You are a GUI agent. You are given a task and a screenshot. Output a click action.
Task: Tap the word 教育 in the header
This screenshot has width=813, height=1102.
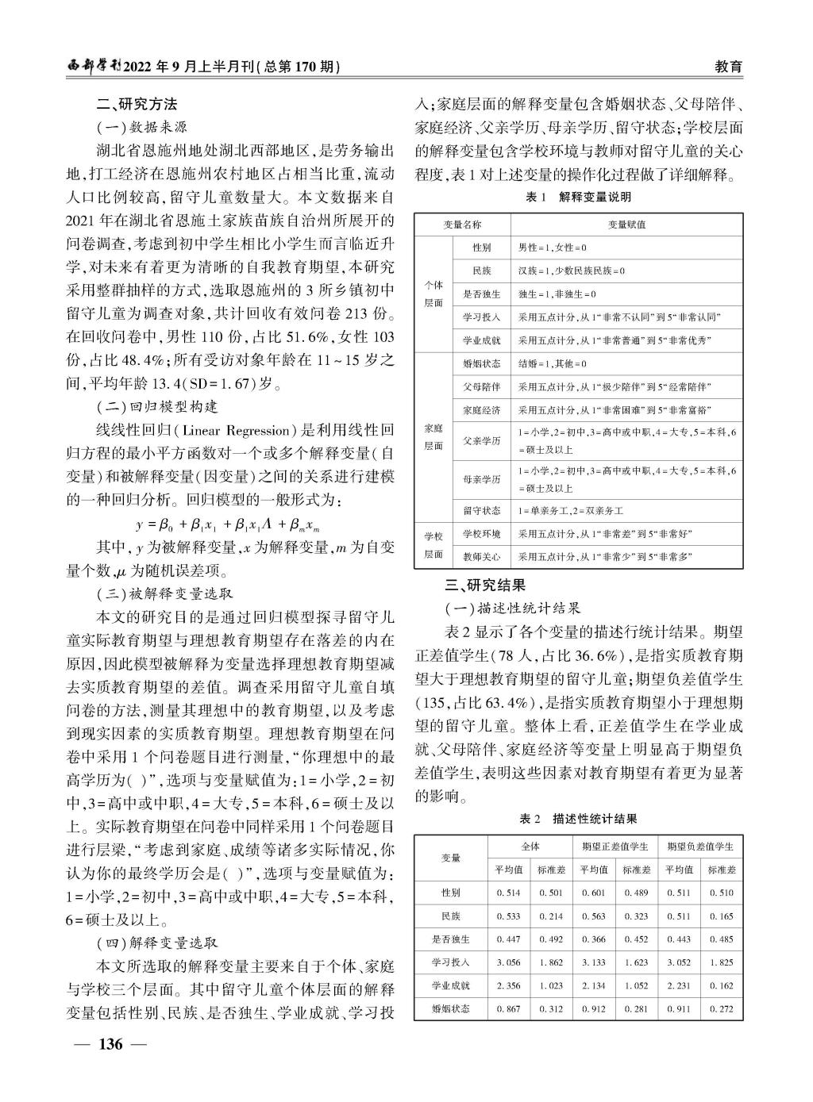click(728, 67)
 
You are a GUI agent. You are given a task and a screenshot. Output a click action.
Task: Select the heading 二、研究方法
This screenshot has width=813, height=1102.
click(137, 104)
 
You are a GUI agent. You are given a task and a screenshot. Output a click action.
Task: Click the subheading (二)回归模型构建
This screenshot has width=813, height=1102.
click(156, 406)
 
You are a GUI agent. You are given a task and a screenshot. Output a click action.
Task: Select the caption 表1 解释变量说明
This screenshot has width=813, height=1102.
click(578, 197)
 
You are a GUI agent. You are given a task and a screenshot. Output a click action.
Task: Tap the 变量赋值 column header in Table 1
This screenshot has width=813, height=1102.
click(626, 225)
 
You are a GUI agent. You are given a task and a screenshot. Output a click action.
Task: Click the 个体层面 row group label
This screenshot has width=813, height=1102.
click(433, 294)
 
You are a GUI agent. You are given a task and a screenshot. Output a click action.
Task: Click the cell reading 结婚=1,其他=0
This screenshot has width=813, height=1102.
click(552, 363)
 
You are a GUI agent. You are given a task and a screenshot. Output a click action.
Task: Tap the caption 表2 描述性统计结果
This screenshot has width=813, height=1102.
click(578, 818)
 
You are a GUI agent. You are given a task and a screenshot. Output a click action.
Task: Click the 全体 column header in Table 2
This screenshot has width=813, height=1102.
click(530, 846)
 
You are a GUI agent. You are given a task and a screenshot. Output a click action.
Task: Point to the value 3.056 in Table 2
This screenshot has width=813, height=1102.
click(508, 962)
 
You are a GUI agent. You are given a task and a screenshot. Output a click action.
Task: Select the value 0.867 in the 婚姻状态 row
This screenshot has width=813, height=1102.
click(508, 1009)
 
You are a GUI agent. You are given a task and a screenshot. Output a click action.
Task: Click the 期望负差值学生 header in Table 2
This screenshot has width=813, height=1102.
click(700, 846)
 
